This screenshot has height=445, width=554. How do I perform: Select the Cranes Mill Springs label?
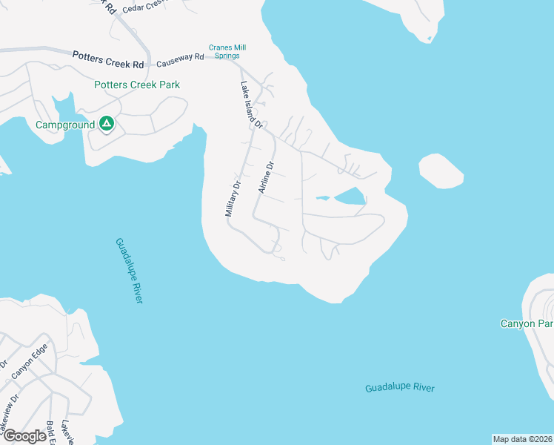coord(227,51)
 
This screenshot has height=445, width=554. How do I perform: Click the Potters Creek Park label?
coord(137,85)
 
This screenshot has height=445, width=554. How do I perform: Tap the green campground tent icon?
coord(107,124)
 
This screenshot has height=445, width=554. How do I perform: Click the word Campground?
coord(65,125)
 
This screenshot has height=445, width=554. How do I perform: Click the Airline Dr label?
coord(266,178)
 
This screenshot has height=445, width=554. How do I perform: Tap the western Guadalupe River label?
coord(128,270)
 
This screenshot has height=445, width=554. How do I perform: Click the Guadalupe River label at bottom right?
coord(400,388)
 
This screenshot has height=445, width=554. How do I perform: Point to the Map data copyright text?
coord(522,439)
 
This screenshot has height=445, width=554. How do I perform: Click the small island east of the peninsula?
coord(441,170)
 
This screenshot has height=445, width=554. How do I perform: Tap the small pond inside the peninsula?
coord(350,197)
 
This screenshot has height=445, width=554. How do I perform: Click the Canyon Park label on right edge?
coord(527,323)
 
